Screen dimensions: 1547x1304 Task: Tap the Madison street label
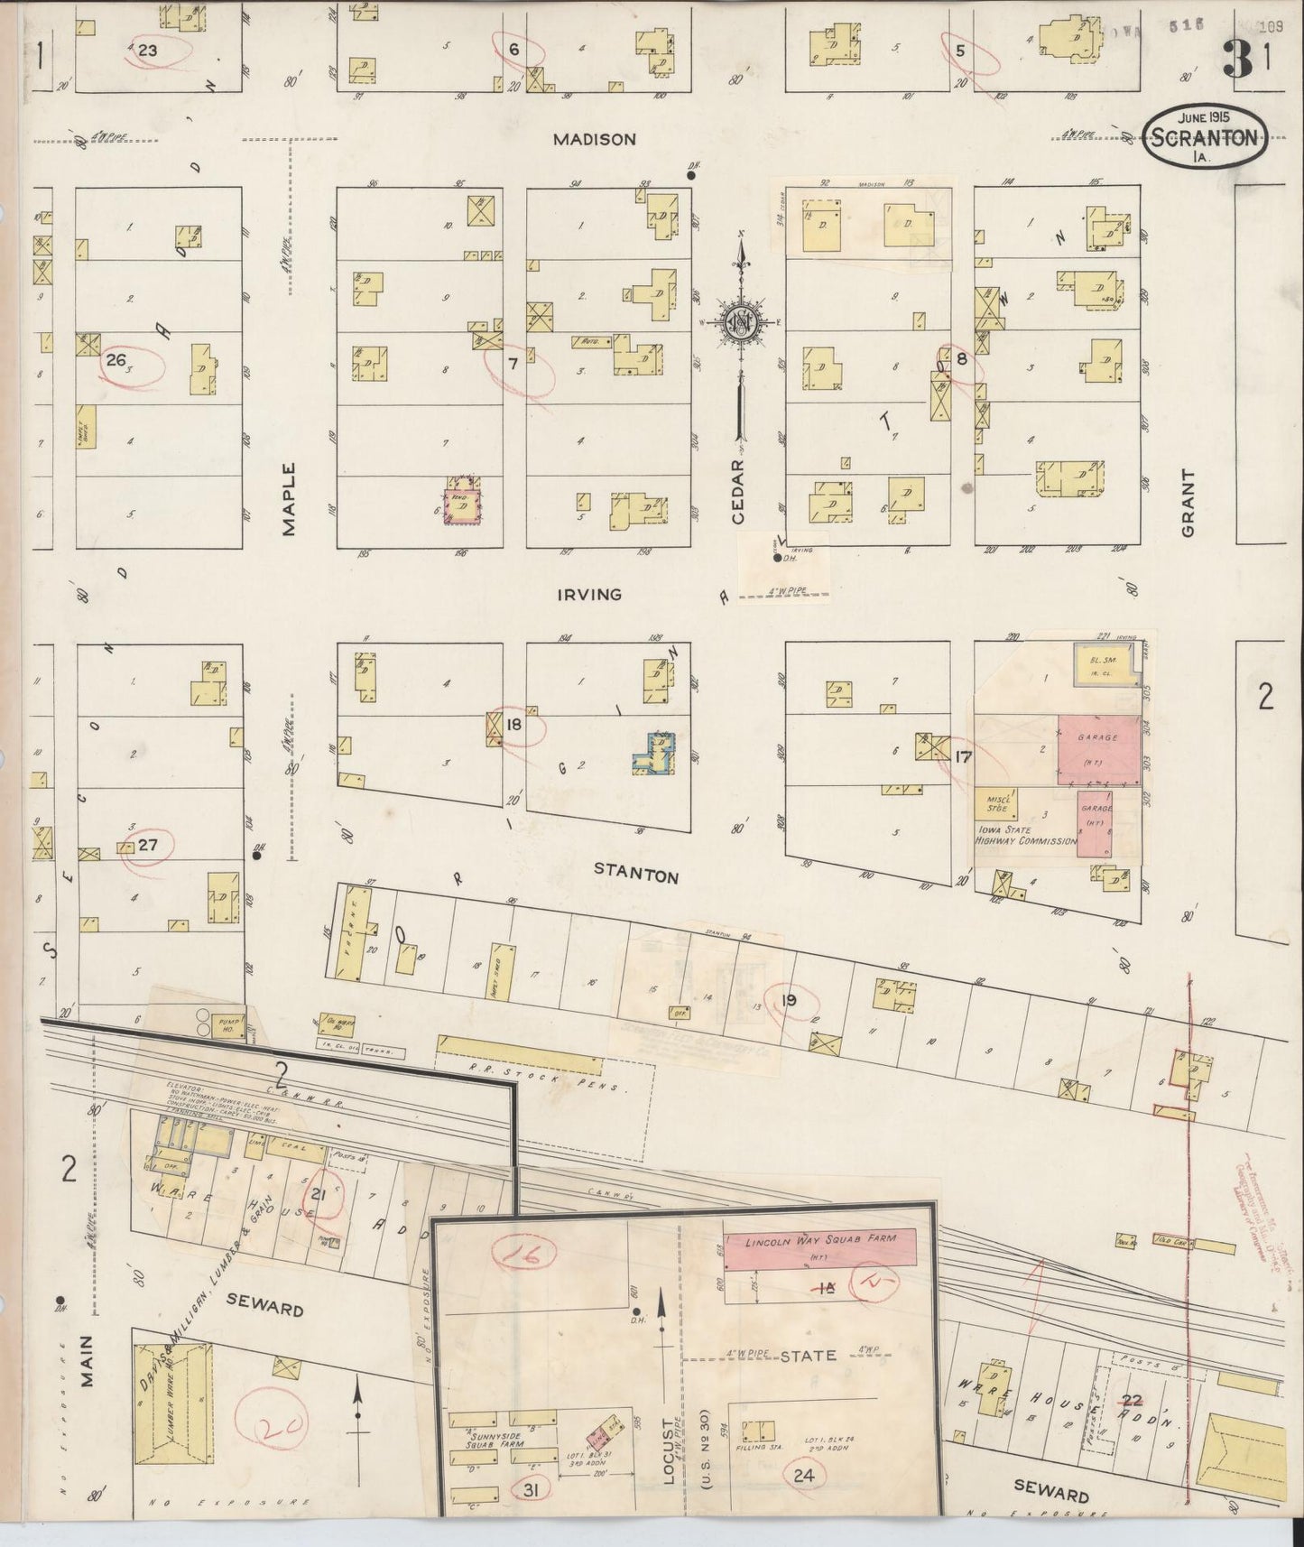point(595,139)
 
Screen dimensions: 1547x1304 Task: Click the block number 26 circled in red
point(116,360)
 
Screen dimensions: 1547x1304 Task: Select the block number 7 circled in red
point(513,365)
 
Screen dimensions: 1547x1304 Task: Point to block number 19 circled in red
point(789,1000)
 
